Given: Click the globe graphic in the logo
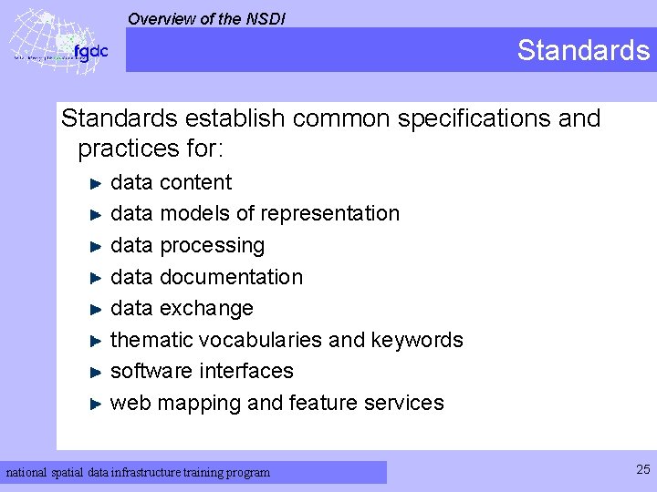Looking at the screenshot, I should click(x=41, y=41).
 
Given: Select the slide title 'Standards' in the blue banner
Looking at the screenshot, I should click(x=583, y=50).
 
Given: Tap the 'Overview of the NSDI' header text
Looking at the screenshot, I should click(x=206, y=17).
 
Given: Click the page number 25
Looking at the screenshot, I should click(x=642, y=469).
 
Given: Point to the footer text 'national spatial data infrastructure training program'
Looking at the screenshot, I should click(x=139, y=472).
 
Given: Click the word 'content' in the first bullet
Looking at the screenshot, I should click(x=195, y=182).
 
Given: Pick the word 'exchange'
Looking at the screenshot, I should click(x=206, y=308).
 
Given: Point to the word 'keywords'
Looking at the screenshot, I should click(x=417, y=340).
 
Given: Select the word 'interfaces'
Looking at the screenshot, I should click(x=246, y=371).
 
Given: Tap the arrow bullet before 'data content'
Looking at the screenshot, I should click(x=97, y=183).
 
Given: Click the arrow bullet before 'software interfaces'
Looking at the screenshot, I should click(x=97, y=372).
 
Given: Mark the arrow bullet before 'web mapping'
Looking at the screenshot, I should click(x=97, y=404).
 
